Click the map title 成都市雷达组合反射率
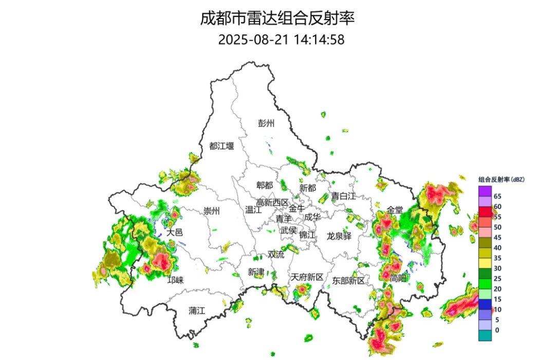click(x=277, y=19)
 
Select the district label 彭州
click(x=267, y=123)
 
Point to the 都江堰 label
click(x=221, y=146)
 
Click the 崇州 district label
click(x=211, y=211)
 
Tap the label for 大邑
click(x=175, y=232)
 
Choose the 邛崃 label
click(x=176, y=280)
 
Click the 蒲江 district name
click(x=196, y=310)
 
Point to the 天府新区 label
click(x=307, y=277)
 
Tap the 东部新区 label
click(x=348, y=281)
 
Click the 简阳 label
click(x=397, y=278)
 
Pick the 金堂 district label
click(x=395, y=210)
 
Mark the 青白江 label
click(x=343, y=196)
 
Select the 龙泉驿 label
click(x=339, y=236)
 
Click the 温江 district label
click(x=253, y=210)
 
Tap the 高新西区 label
click(x=273, y=202)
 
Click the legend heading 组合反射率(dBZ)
click(x=501, y=179)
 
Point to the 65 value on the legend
click(x=497, y=196)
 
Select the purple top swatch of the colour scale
click(x=485, y=191)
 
